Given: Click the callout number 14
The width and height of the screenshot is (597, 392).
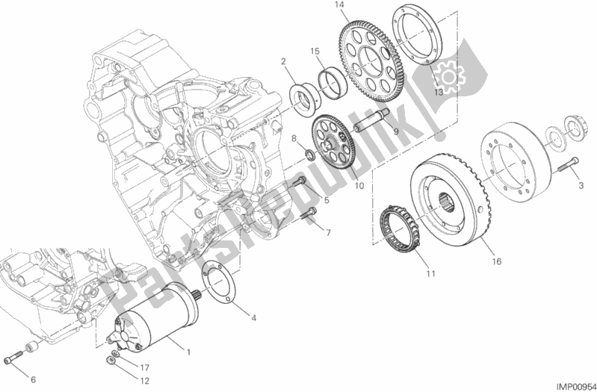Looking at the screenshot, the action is (x=339, y=5).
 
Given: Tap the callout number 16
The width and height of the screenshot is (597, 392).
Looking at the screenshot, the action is (x=496, y=261).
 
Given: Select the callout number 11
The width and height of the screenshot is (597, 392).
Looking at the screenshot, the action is (x=430, y=273).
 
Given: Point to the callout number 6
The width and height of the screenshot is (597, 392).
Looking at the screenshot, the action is (x=33, y=379).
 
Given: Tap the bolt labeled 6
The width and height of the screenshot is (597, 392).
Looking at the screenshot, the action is (x=13, y=361).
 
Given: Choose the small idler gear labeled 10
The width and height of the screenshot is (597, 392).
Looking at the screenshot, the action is (x=333, y=146).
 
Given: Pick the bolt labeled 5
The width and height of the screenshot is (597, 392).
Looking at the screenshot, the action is (x=300, y=181).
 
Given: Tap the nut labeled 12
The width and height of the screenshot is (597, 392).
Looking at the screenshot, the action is (x=109, y=358).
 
